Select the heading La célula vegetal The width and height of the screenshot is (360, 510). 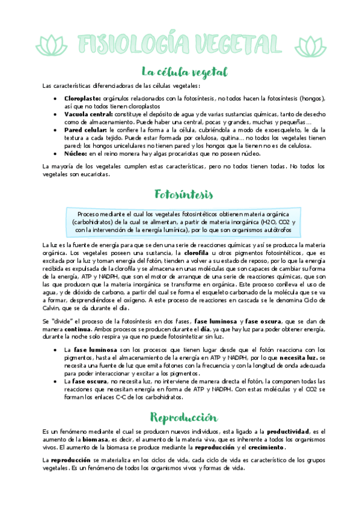tap(180, 72)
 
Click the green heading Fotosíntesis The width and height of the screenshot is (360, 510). tap(180, 195)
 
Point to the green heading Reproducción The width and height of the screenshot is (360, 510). tap(180, 417)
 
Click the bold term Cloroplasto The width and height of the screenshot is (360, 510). tap(82, 98)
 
